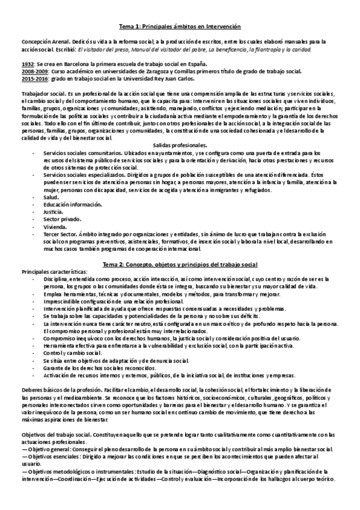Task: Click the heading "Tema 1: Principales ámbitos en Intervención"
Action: (x=180, y=26)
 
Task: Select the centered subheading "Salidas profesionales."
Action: (x=180, y=146)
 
